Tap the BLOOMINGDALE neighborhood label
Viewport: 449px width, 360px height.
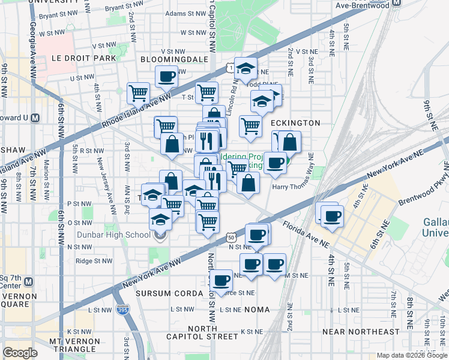tap(174, 59)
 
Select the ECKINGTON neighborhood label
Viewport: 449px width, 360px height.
tap(295, 122)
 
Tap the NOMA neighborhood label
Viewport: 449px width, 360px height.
tap(257, 310)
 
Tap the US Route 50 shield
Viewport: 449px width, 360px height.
tap(231, 238)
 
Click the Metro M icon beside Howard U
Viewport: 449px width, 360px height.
tap(35, 118)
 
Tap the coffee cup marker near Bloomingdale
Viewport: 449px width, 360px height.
tap(166, 76)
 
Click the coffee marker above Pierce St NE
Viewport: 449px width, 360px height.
tap(221, 280)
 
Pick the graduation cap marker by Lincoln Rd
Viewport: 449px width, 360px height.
tap(246, 69)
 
